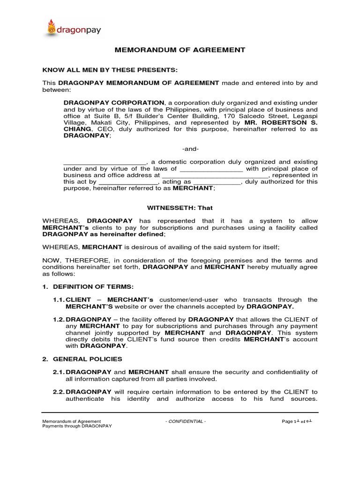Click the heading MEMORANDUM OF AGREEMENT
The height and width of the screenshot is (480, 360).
click(180, 50)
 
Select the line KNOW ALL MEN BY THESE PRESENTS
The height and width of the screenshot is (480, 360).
click(110, 70)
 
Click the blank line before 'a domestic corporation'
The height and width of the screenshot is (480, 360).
click(105, 162)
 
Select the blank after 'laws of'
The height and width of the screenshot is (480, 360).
click(211, 169)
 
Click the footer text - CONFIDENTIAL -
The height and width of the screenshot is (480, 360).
click(186, 421)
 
